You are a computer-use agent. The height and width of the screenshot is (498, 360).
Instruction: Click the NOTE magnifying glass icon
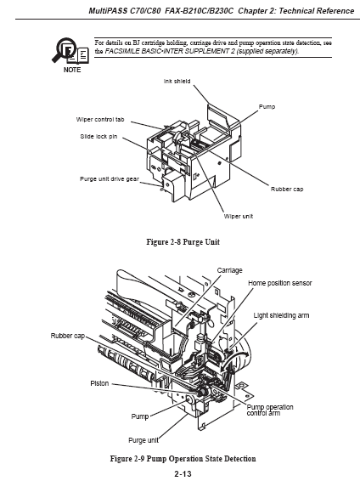coord(70,51)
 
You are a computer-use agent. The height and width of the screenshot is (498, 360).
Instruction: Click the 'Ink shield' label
coord(177,81)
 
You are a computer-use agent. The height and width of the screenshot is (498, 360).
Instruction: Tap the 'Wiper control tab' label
coord(100,120)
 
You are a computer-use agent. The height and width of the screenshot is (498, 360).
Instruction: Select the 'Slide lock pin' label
coord(98,137)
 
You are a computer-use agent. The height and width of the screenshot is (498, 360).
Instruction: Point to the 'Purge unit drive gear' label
coord(110,178)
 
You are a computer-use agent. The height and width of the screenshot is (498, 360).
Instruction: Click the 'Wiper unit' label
coord(239,217)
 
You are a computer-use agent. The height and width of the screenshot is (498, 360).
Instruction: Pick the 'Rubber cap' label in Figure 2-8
coord(287,189)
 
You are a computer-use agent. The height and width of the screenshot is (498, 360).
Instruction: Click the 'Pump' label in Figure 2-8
coord(267,107)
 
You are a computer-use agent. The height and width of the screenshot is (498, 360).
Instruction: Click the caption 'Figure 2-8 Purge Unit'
coord(183,242)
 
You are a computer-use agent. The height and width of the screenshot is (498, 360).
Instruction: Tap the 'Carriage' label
coord(229,270)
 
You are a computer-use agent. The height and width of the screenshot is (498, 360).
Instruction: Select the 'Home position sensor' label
coord(280,283)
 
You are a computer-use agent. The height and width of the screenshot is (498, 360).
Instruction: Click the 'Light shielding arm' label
coord(281,315)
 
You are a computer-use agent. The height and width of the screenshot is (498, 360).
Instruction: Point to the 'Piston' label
coord(99,383)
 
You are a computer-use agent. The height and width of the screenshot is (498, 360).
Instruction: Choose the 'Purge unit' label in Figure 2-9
coord(143,440)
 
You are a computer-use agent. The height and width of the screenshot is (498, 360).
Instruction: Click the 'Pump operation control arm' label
coord(270,410)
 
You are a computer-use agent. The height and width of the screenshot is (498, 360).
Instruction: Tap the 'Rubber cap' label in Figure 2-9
coord(68,336)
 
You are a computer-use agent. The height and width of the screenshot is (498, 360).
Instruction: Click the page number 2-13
coord(183,474)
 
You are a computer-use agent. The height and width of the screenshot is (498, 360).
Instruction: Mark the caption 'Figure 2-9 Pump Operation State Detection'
coord(183,459)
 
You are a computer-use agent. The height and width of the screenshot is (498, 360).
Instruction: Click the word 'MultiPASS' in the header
coord(108,11)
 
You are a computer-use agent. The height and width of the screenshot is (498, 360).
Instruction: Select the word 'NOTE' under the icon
coord(72,70)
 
